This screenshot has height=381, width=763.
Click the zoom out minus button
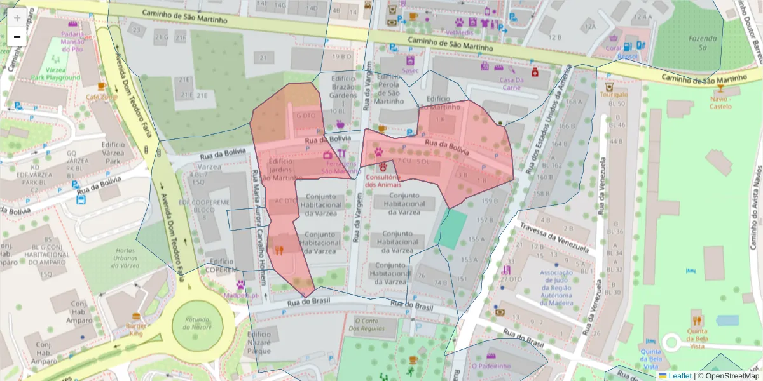17,37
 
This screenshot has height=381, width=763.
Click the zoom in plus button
17,18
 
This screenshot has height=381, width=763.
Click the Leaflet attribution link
680,376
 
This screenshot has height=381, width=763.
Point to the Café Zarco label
102,97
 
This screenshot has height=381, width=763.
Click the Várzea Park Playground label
56,74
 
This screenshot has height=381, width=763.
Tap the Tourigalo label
613,95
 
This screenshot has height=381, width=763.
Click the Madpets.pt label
241,295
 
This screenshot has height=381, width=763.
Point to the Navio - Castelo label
720,103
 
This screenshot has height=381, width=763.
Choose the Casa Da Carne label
511,84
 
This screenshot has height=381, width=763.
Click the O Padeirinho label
491,366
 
